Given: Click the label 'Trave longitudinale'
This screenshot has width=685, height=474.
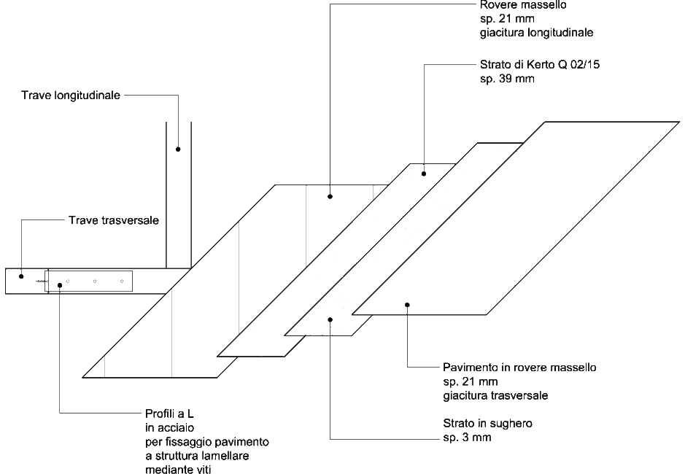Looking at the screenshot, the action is point(71,96).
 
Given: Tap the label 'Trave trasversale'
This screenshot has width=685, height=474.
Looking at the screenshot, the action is point(114,220).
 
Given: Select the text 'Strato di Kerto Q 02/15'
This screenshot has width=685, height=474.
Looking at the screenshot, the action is point(540,65).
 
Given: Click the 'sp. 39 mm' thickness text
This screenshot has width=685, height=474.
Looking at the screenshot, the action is point(507,79).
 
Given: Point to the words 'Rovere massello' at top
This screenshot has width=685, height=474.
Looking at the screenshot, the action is point(523,5).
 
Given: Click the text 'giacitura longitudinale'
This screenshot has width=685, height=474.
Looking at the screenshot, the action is point(536,33).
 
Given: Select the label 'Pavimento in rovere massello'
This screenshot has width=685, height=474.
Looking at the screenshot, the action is point(519,368).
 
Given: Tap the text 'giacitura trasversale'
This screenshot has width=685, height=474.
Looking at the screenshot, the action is point(495,396).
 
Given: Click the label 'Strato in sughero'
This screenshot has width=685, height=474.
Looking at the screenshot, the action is point(487,424).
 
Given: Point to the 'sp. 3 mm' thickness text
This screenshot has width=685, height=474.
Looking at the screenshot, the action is point(467,438).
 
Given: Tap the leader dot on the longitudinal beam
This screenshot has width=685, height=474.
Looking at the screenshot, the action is point(178,149).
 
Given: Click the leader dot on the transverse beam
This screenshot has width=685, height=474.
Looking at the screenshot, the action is point(21,276).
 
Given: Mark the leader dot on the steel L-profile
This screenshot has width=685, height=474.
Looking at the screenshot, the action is point(60,285).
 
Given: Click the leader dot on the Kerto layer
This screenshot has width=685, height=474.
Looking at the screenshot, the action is point(424,174).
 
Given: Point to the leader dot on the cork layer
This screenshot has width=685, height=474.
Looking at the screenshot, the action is point(330,320).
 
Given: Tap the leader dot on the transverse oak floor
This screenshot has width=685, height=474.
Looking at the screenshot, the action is point(407,305).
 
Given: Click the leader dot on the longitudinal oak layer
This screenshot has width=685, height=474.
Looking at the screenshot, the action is point(330,197).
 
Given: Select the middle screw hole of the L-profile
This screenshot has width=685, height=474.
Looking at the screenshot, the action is point(95,281).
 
